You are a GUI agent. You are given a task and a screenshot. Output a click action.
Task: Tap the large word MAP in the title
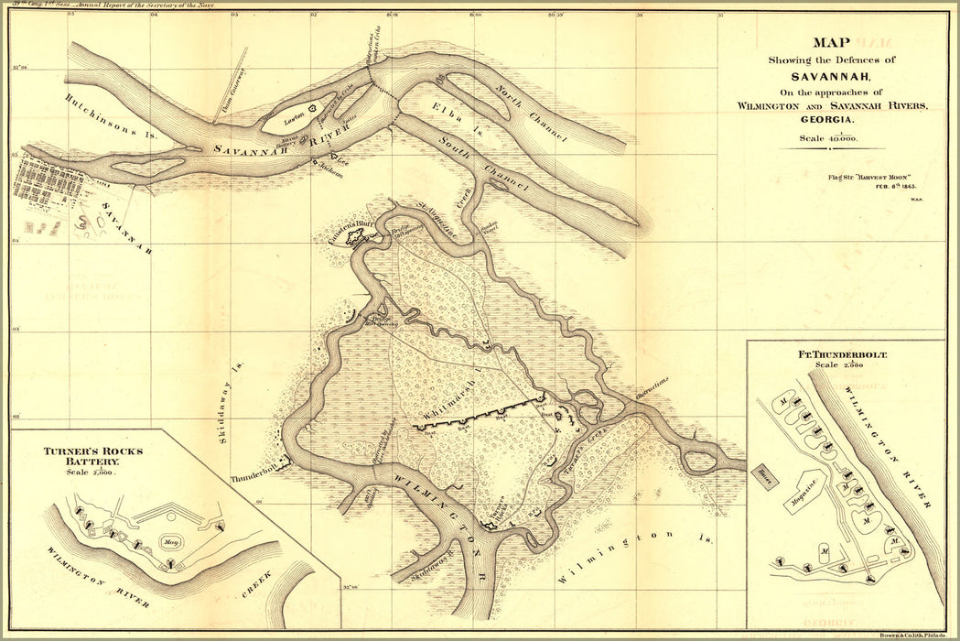pos(832,42)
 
